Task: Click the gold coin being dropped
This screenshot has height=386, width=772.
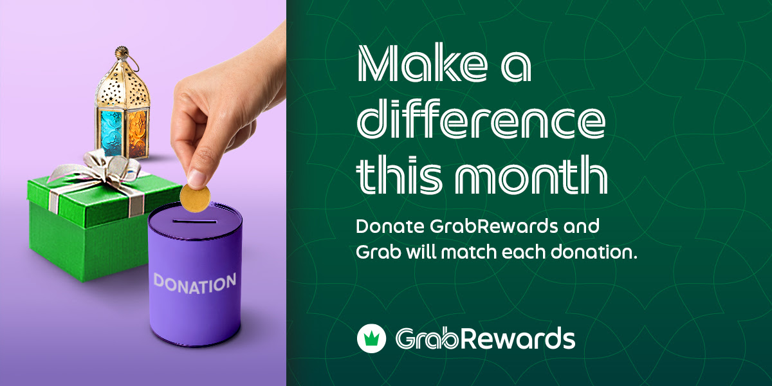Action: click(195, 199)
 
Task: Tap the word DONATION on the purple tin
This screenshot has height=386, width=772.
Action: click(195, 283)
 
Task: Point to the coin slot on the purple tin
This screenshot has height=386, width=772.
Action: click(194, 221)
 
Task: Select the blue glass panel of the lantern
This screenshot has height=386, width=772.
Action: click(111, 133)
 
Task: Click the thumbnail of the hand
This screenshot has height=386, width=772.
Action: click(197, 178)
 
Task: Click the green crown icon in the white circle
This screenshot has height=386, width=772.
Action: click(371, 338)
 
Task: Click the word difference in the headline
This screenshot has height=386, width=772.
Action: click(481, 118)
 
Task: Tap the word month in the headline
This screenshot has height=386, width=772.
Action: click(531, 175)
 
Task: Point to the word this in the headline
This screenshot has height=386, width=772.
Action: click(399, 175)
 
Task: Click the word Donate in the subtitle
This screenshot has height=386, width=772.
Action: click(390, 227)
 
